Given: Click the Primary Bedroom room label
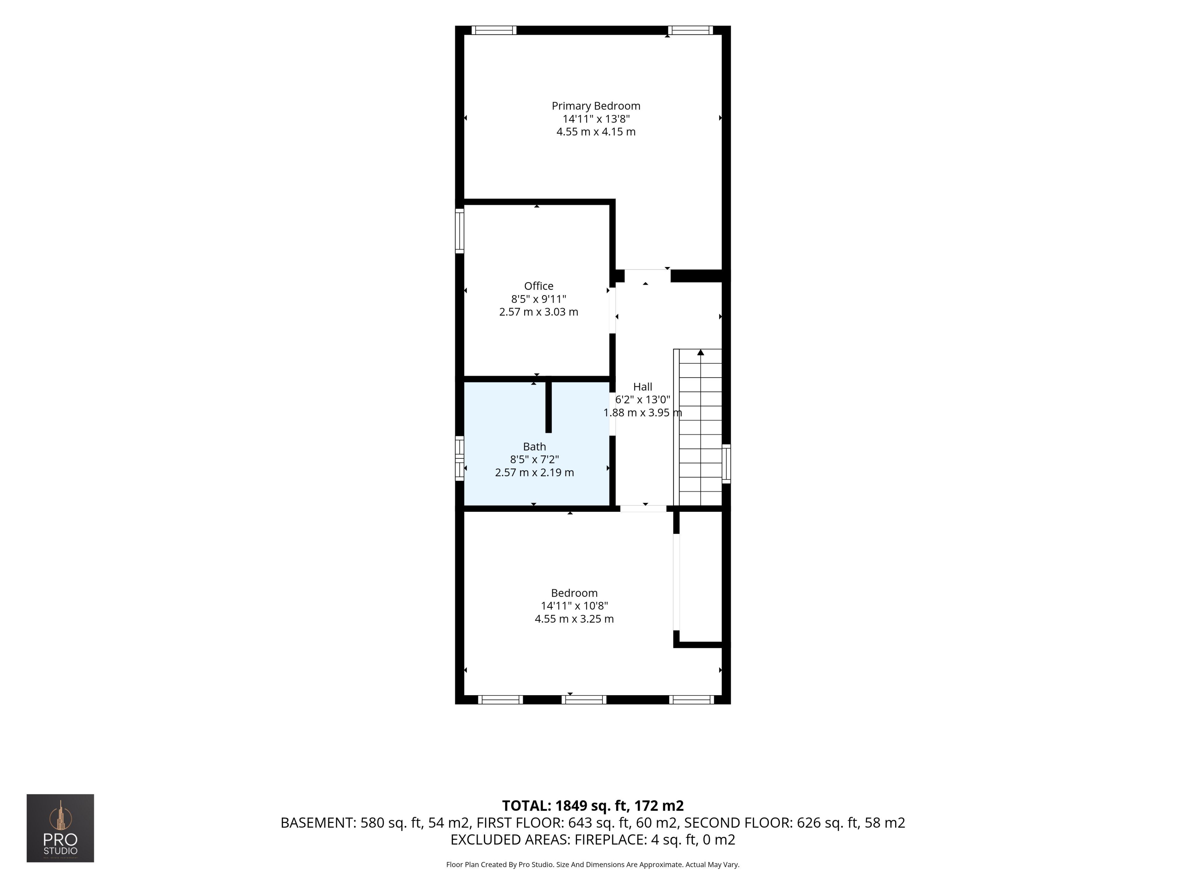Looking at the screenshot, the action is point(596,106).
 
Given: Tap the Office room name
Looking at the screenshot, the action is point(538,286).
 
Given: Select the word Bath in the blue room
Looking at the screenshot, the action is point(535,446).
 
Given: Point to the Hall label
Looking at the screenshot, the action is point(642,387).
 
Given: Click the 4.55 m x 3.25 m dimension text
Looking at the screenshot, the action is point(574,619).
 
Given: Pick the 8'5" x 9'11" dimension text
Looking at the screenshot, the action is point(538,299).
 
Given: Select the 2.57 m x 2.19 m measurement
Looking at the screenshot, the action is point(535,473).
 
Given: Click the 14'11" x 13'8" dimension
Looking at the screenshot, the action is point(596,119).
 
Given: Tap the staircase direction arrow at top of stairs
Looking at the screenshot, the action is point(700,352).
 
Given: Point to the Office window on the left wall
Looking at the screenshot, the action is point(460,230).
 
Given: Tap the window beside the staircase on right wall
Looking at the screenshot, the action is point(726,464).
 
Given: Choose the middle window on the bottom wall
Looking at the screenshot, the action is point(584,699).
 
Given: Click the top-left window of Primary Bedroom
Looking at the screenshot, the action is point(494,30).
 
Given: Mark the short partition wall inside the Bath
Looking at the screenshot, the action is point(549,407).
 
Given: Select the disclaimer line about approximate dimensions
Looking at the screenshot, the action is point(593,864).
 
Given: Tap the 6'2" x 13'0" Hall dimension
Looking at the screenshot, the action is point(642,400).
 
